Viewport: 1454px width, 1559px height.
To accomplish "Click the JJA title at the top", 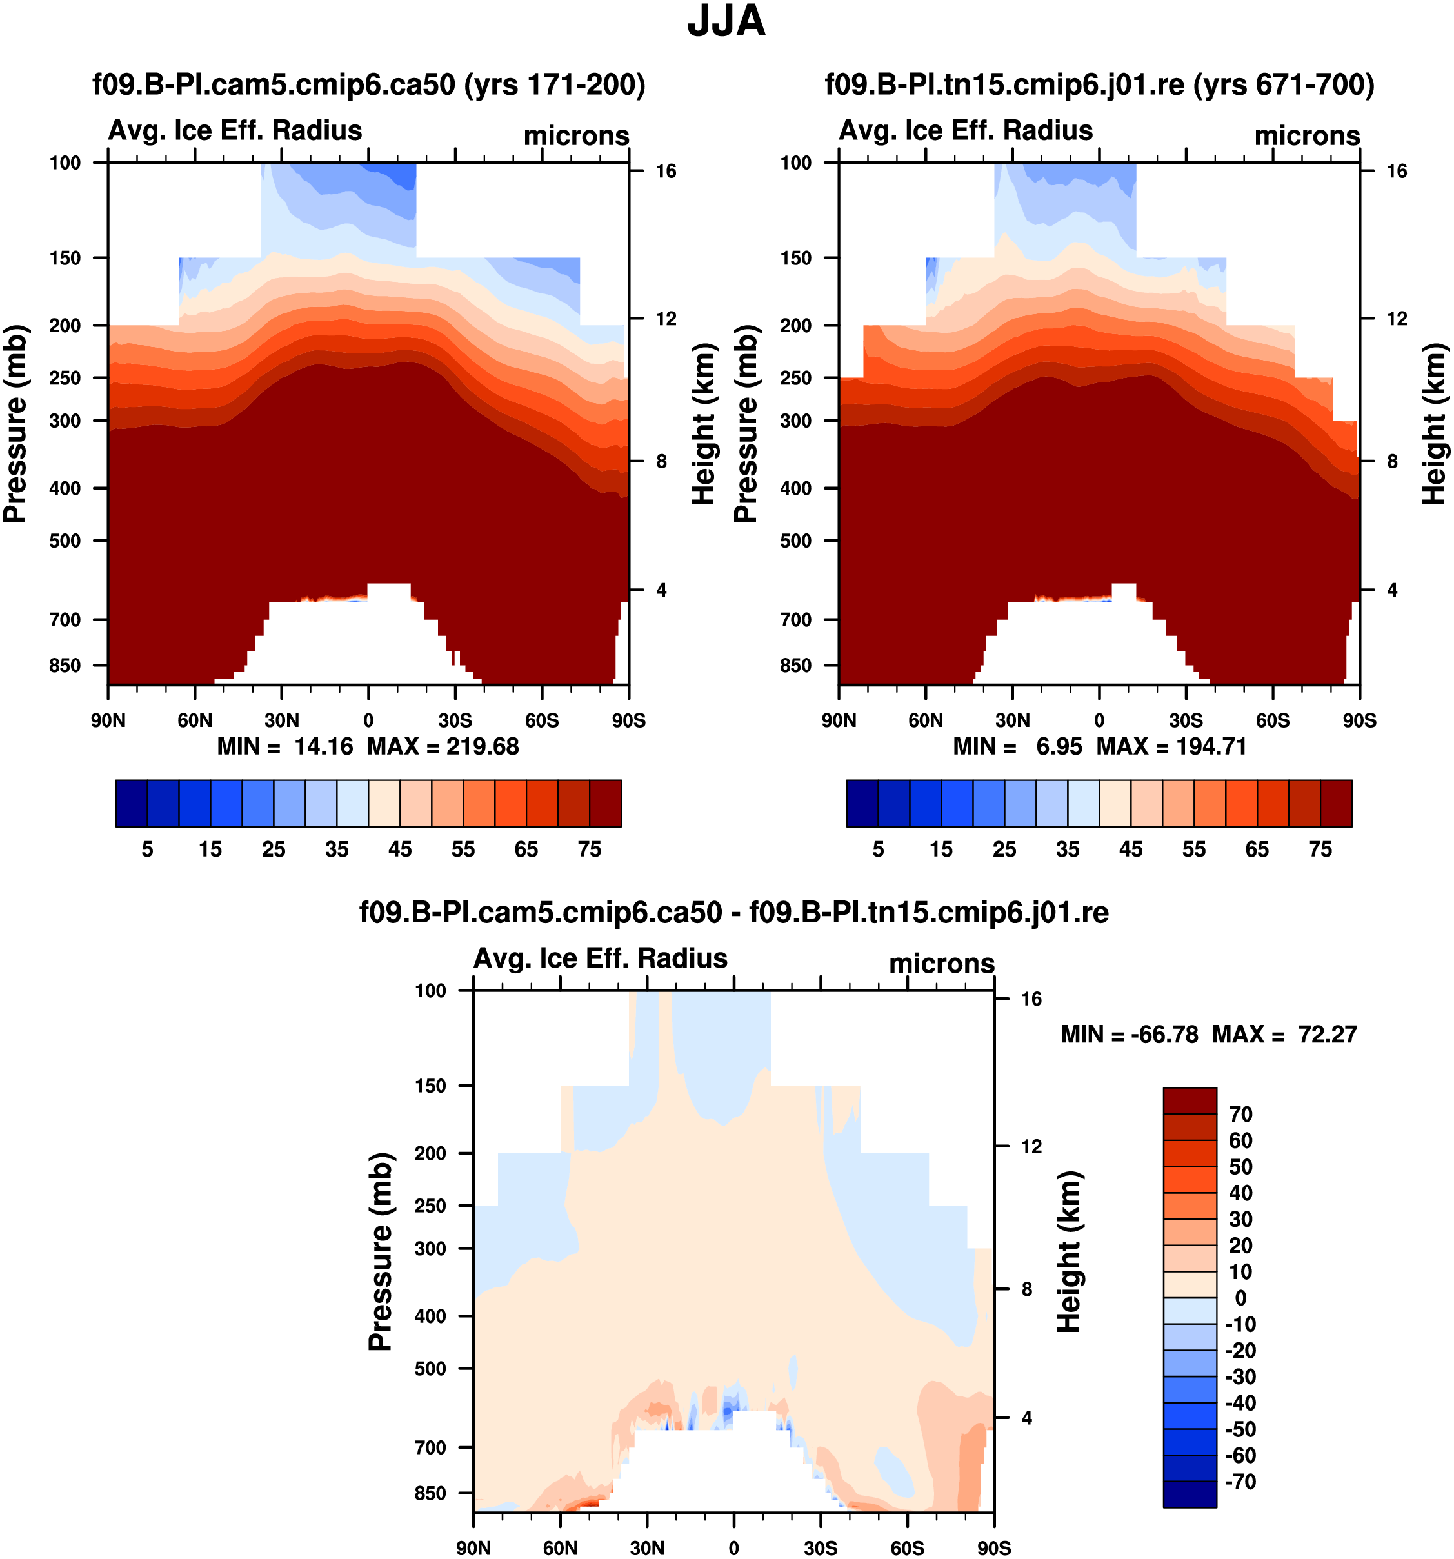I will tap(726, 22).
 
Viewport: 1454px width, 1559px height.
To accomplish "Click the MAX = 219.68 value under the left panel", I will tap(443, 746).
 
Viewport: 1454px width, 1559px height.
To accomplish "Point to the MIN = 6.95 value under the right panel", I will tap(1017, 746).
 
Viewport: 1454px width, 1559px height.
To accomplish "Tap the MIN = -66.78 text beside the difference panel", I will tap(1130, 1035).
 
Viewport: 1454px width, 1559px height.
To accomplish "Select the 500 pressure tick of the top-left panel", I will tap(65, 541).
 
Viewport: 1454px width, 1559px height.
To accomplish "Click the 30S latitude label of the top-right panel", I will tap(1186, 720).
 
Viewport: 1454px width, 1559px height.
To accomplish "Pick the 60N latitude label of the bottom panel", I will tap(560, 1548).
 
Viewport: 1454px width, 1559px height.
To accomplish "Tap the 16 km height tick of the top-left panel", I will tap(666, 172).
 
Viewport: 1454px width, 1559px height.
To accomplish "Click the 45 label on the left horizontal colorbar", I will tap(400, 849).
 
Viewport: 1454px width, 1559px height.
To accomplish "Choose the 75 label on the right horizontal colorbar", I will tap(1320, 849).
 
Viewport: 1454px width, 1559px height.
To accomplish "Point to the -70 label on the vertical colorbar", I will tap(1240, 1482).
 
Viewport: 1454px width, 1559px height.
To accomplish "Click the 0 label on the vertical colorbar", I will tap(1240, 1298).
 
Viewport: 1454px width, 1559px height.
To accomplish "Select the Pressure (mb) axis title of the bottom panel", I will tap(381, 1251).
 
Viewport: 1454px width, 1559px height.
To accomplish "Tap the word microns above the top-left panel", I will tap(577, 135).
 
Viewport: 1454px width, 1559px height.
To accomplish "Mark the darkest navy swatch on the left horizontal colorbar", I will tap(131, 803).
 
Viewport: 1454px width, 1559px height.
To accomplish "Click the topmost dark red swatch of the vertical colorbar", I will tap(1190, 1100).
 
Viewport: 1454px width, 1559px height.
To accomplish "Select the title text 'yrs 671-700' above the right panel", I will tap(1284, 84).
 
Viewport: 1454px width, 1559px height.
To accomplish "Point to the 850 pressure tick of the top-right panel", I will tap(796, 666).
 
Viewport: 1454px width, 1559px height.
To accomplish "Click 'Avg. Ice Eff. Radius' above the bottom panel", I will tap(601, 958).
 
